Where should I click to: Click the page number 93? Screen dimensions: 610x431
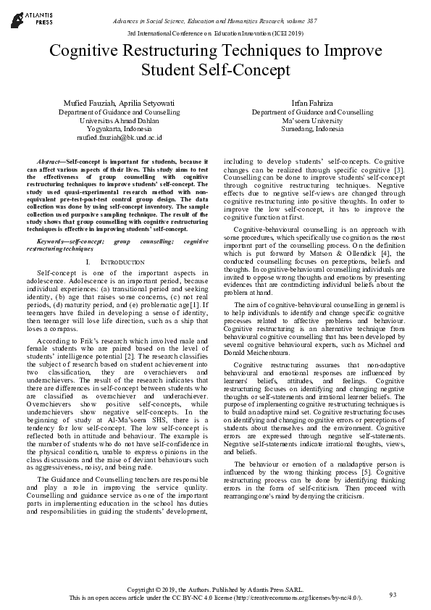tap(393, 595)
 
